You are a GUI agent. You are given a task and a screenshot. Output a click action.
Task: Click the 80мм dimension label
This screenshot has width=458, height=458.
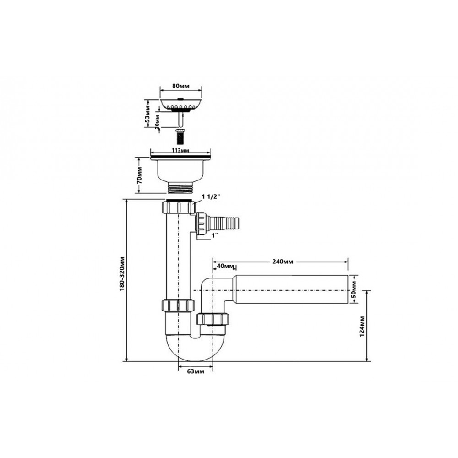coord(181,86)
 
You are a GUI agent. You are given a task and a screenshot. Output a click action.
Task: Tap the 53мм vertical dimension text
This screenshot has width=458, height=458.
coord(148,114)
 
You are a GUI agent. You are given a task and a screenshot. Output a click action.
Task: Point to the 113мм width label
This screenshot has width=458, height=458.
coord(180,150)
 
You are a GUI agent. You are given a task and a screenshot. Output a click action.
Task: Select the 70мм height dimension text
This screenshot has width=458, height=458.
coord(140,175)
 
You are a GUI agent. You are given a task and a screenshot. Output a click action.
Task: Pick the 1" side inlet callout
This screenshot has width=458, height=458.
coord(215,235)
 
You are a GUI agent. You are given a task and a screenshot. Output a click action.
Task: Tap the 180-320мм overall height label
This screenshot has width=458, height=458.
coord(122,273)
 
